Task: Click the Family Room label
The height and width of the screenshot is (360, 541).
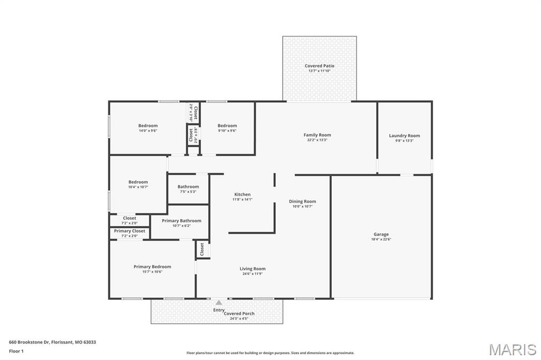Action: click(317, 135)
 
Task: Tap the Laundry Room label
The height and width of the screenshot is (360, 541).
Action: click(404, 136)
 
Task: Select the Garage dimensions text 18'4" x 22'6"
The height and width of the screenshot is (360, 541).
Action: click(381, 239)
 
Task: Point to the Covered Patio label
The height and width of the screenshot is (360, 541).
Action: click(319, 66)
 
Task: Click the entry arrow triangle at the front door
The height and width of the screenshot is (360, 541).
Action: click(219, 302)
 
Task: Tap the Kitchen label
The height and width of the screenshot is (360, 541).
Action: click(242, 194)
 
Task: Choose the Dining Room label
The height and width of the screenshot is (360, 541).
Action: click(302, 201)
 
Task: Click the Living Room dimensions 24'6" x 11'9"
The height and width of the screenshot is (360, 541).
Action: click(253, 274)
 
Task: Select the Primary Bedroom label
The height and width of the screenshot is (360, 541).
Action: click(152, 267)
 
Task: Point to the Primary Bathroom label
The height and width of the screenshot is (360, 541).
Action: click(181, 221)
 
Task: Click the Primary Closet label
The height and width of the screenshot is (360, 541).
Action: click(129, 231)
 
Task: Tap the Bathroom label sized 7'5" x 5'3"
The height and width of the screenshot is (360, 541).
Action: click(188, 186)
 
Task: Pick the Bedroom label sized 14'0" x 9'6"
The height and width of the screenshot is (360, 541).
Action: click(148, 126)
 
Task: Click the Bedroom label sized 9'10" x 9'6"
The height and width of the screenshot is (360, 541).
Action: click(227, 126)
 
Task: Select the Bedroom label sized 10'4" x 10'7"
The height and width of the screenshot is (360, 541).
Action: click(138, 182)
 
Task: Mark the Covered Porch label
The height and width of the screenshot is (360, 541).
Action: click(239, 314)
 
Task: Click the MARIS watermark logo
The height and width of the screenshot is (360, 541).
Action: click(512, 349)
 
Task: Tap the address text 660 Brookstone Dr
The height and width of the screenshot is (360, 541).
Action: click(30, 342)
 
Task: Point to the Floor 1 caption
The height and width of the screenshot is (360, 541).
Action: click(16, 351)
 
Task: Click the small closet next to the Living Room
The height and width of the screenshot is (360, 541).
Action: click(202, 249)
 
